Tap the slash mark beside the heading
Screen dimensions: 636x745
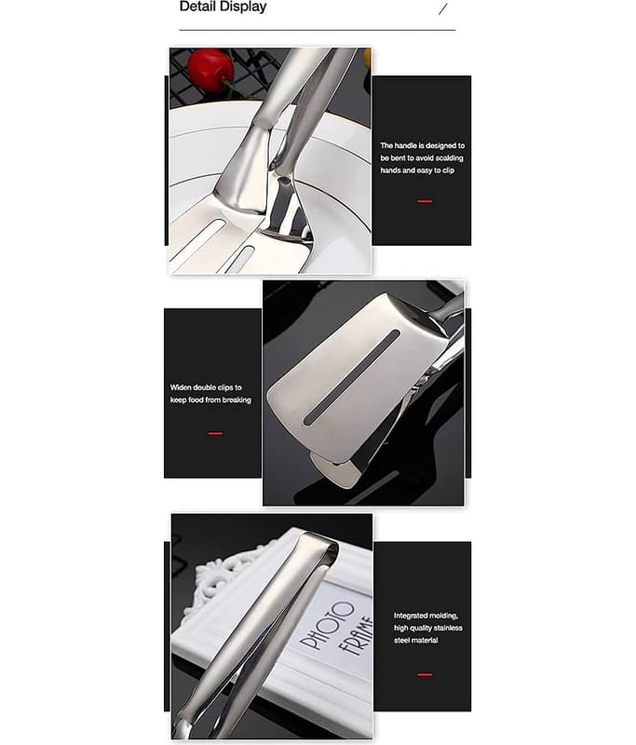442,8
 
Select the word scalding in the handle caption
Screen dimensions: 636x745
449,157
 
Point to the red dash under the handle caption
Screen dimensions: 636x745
425,201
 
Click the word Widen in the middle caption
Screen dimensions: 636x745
181,387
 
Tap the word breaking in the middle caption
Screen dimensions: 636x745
237,400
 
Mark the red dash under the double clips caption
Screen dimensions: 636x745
215,433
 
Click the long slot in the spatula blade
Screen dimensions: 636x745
352,377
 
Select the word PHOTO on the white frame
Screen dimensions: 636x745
328,625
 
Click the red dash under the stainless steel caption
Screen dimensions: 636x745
425,674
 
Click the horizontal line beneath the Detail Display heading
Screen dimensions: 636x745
318,30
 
